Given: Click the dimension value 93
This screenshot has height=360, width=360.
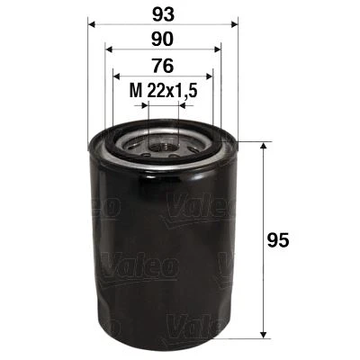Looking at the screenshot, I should tap(162, 15).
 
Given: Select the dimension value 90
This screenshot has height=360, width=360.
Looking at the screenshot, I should tap(162, 40).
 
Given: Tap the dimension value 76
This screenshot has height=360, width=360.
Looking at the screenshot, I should tap(162, 65).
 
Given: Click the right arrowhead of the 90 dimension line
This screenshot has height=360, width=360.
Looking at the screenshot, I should tap(217, 50).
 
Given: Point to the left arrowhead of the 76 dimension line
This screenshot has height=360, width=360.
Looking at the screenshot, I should tap(117, 76).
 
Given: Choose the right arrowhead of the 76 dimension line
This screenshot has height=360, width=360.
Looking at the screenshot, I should tap(209, 76).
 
